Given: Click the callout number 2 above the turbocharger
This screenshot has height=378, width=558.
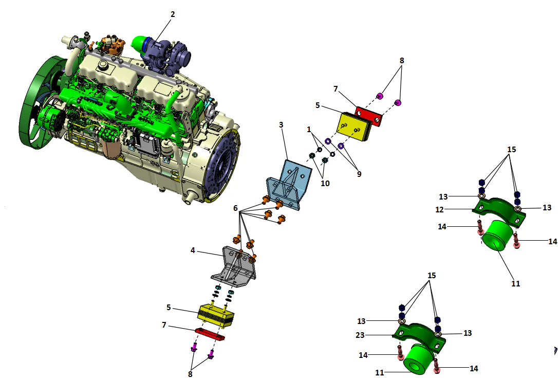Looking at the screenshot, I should (173, 14).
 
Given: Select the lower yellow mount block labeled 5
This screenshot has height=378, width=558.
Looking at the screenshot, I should (216, 315).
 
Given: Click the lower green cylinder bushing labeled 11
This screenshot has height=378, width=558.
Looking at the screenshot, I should (417, 360).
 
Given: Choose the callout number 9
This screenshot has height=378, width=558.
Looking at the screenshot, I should (359, 174).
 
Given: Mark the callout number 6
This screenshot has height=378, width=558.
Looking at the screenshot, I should (235, 209).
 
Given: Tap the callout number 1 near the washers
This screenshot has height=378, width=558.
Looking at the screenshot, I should (309, 130).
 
